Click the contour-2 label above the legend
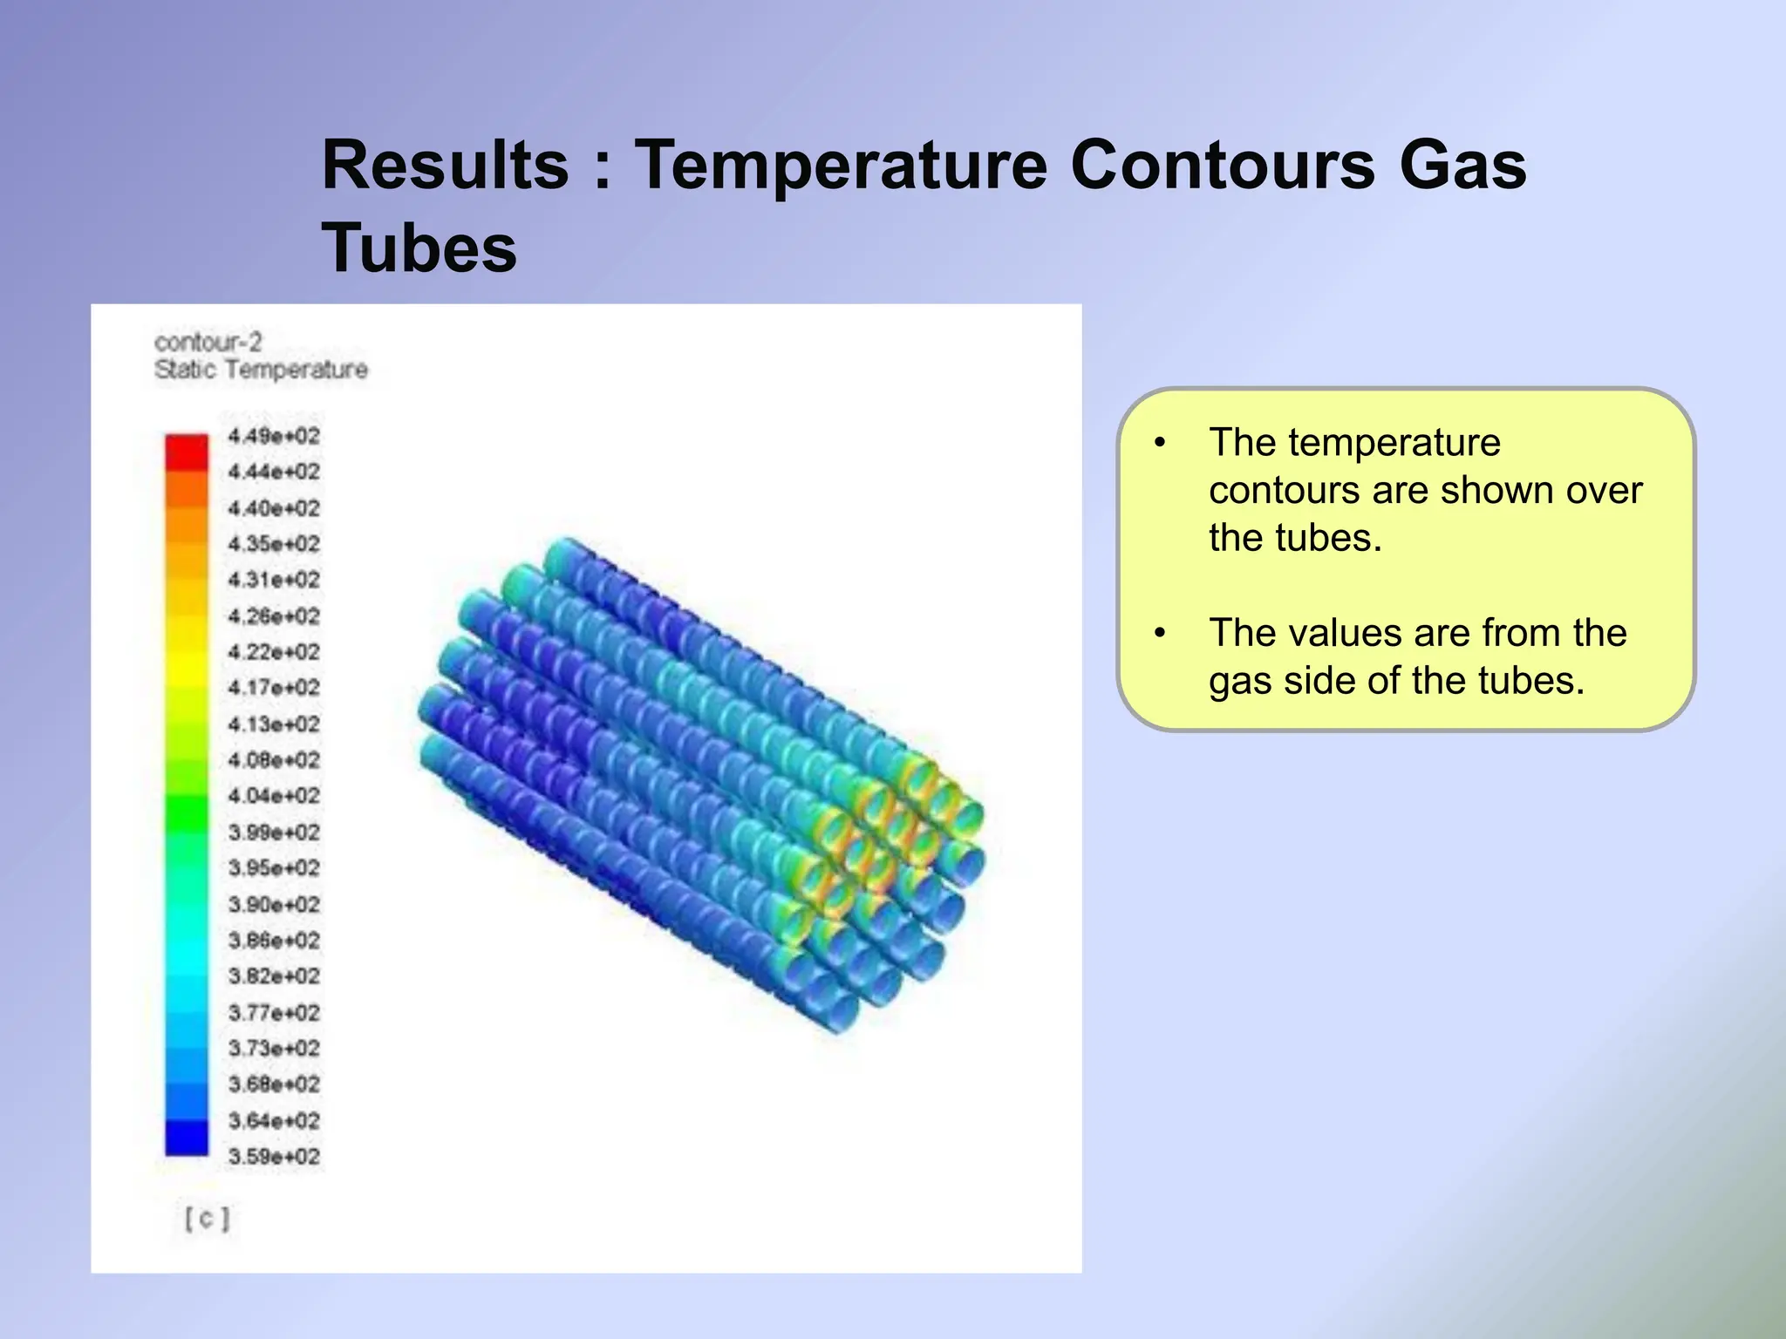point(208,342)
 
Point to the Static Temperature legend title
point(261,370)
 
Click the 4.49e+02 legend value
point(274,436)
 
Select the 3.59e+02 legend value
point(274,1157)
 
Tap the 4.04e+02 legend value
point(274,796)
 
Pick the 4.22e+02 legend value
point(274,652)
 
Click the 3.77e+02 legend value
point(274,1013)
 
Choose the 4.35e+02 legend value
point(274,544)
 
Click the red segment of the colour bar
point(187,452)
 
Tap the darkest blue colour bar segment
point(187,1138)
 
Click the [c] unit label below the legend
point(208,1218)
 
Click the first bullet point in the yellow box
point(1160,443)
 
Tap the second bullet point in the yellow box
point(1160,633)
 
